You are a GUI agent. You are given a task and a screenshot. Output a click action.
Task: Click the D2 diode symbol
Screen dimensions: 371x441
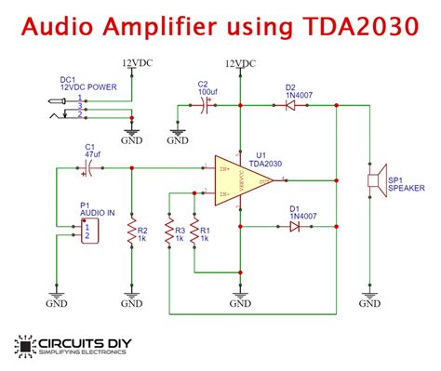click(290, 105)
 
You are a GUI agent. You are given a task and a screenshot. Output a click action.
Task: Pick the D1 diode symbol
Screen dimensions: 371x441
click(295, 226)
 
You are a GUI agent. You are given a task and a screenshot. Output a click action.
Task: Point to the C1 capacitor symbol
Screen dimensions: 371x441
click(90, 168)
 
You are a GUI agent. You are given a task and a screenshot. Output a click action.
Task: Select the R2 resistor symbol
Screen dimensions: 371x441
click(132, 231)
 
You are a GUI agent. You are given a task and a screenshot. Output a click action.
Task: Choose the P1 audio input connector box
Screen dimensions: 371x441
click(86, 230)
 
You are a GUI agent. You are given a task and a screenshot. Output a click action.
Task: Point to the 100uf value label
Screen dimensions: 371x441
click(208, 93)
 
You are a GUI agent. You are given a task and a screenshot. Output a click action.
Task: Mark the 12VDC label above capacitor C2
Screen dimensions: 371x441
click(240, 62)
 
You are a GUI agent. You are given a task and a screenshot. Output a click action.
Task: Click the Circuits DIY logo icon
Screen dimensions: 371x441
click(22, 346)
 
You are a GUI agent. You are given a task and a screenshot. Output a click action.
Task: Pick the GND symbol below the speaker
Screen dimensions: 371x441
click(369, 299)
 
